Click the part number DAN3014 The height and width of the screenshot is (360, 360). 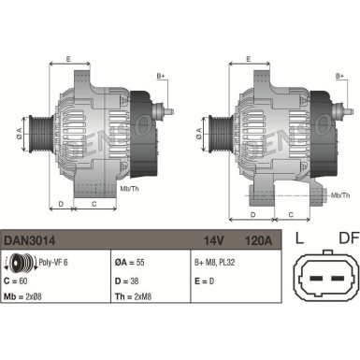pyautogui.click(x=27, y=240)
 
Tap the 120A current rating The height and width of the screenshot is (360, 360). pyautogui.click(x=256, y=240)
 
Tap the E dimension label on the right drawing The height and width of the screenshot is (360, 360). pyautogui.click(x=248, y=59)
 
